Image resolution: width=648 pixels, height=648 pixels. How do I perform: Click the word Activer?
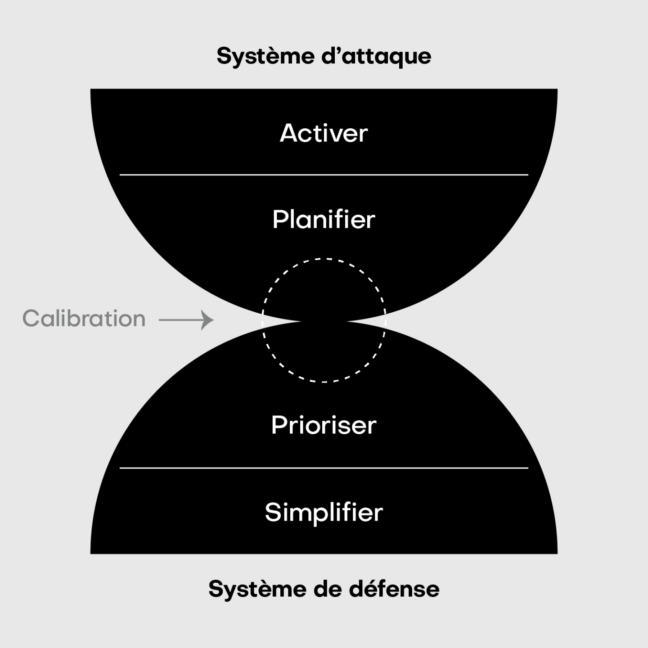pos(324,133)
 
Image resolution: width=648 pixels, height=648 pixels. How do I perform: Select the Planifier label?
pos(324,220)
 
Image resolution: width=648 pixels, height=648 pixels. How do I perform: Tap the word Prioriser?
pos(324,425)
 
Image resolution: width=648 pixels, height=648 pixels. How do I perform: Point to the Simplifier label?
pos(324,512)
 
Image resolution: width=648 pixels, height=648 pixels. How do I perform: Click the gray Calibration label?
pos(84,319)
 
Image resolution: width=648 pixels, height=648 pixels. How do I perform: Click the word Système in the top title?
pos(252,57)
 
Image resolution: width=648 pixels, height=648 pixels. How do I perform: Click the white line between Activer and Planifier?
pos(324,175)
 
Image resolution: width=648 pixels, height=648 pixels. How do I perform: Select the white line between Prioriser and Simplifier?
pos(324,468)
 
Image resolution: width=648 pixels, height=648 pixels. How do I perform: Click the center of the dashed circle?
pos(324,320)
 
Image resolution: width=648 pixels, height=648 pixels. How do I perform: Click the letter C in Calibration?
pos(31,319)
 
